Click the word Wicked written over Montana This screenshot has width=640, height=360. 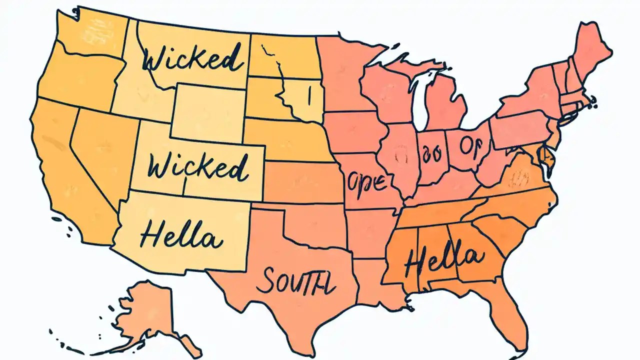(192, 61)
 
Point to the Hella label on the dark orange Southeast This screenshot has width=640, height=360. (444, 259)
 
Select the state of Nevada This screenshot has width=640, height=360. (102, 145)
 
